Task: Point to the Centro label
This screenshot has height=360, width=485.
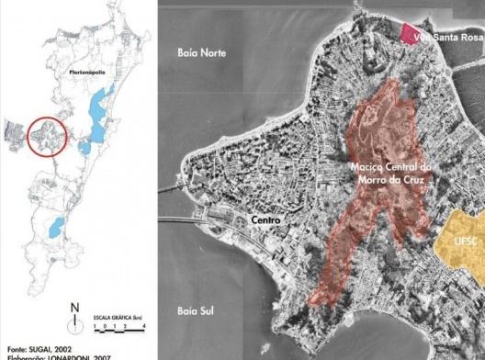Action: point(270,221)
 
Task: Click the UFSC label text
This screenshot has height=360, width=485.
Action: point(467,242)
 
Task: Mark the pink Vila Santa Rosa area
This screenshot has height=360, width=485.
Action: point(408,31)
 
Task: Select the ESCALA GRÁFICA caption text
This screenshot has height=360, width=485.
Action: point(114,317)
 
